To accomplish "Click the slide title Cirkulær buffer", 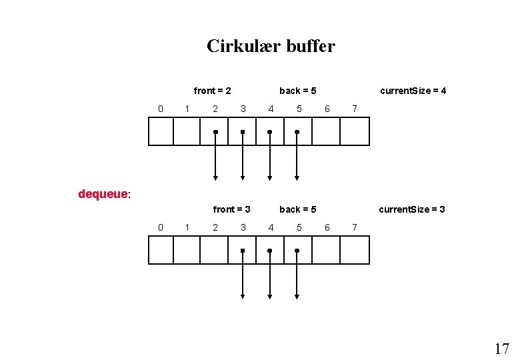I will pos(271,46).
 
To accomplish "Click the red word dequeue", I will pos(102,194).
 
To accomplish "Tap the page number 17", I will pos(501,349).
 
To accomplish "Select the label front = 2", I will pos(213,91).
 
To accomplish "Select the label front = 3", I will pos(231,209).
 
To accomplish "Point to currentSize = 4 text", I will pos(413,91).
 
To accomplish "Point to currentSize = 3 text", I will pos(412,209).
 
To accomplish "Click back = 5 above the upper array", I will pos(298,91).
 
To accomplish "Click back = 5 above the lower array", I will pos(298,209).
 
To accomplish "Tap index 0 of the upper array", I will pos(160,109).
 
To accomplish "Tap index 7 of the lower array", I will pos(355,227).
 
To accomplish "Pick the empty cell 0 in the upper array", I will pos(161,131).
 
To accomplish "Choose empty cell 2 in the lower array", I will pos(214,250).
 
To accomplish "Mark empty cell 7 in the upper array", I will pos(354,131).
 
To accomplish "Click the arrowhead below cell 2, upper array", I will pos(215,177).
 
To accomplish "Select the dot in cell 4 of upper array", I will pos(269,132).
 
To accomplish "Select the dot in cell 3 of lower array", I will pos(243,251).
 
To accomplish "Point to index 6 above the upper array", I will pos(327,109).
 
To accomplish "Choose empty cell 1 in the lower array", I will pos(187,250).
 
